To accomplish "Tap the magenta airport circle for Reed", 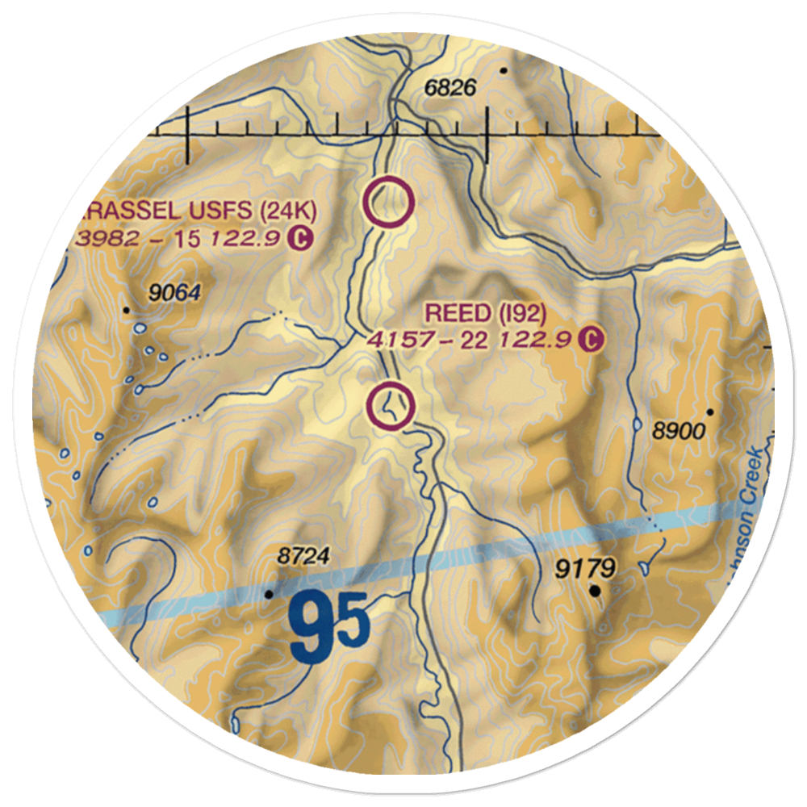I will coord(391,404).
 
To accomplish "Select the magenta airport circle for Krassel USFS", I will coord(389,202).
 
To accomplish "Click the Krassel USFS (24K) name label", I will coord(199,212).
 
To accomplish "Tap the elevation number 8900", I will coord(679,431).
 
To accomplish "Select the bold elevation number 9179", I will coord(585,569).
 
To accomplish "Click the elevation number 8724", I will coord(304,556).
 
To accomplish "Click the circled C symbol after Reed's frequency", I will coord(592,339).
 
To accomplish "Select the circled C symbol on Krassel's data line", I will coord(300,238).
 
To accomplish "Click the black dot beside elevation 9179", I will coord(596,592).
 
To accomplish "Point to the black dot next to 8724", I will coord(270,594).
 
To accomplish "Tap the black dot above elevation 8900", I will coord(710,412).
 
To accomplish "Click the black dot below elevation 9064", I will coord(127,310).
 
